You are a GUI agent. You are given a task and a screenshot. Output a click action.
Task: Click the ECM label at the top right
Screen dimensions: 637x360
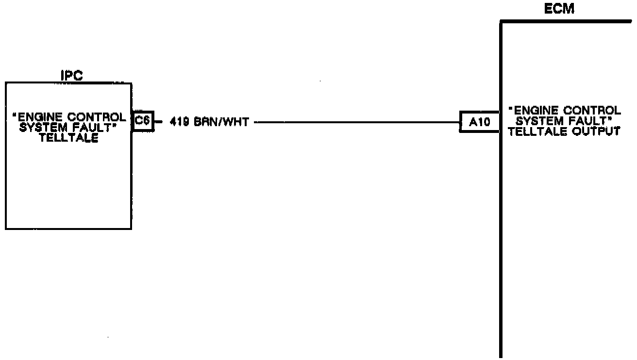tap(560, 9)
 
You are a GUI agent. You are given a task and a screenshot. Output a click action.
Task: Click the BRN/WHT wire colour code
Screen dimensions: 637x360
tap(221, 122)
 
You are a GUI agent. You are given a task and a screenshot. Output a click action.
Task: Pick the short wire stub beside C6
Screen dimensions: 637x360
tap(158, 122)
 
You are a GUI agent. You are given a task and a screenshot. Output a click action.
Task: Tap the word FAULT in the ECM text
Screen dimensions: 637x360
tap(591, 121)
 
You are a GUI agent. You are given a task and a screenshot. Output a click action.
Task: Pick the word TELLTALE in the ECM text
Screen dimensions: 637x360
tap(535, 131)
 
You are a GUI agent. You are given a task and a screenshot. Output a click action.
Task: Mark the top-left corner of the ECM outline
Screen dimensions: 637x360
tap(501, 22)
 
